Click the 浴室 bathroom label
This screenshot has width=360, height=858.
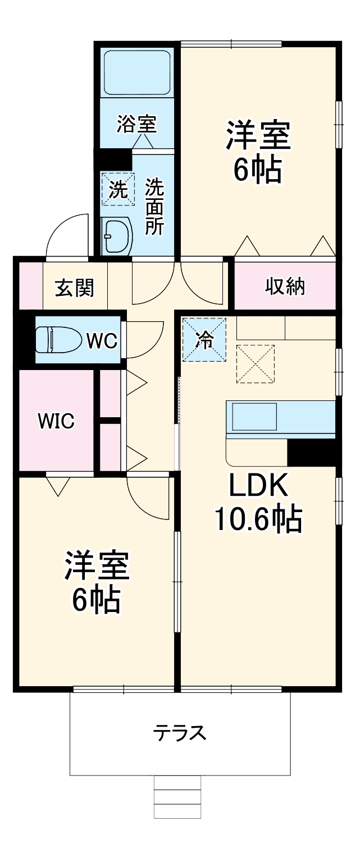tap(136, 124)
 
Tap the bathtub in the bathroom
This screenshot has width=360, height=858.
tap(137, 72)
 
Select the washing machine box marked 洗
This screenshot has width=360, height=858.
tap(118, 189)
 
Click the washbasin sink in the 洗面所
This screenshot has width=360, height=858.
tap(117, 236)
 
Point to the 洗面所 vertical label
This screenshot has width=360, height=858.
tap(154, 206)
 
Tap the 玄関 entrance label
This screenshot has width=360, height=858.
tap(74, 288)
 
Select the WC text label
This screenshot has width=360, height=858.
tap(102, 341)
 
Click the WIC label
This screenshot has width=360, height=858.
tap(56, 421)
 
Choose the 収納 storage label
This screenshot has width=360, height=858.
tap(285, 286)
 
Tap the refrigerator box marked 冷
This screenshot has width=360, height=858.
tap(204, 339)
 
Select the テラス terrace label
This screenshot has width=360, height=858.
tap(180, 733)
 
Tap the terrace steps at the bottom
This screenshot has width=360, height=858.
tap(177, 797)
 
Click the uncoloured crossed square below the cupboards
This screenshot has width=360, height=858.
tap(256, 364)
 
